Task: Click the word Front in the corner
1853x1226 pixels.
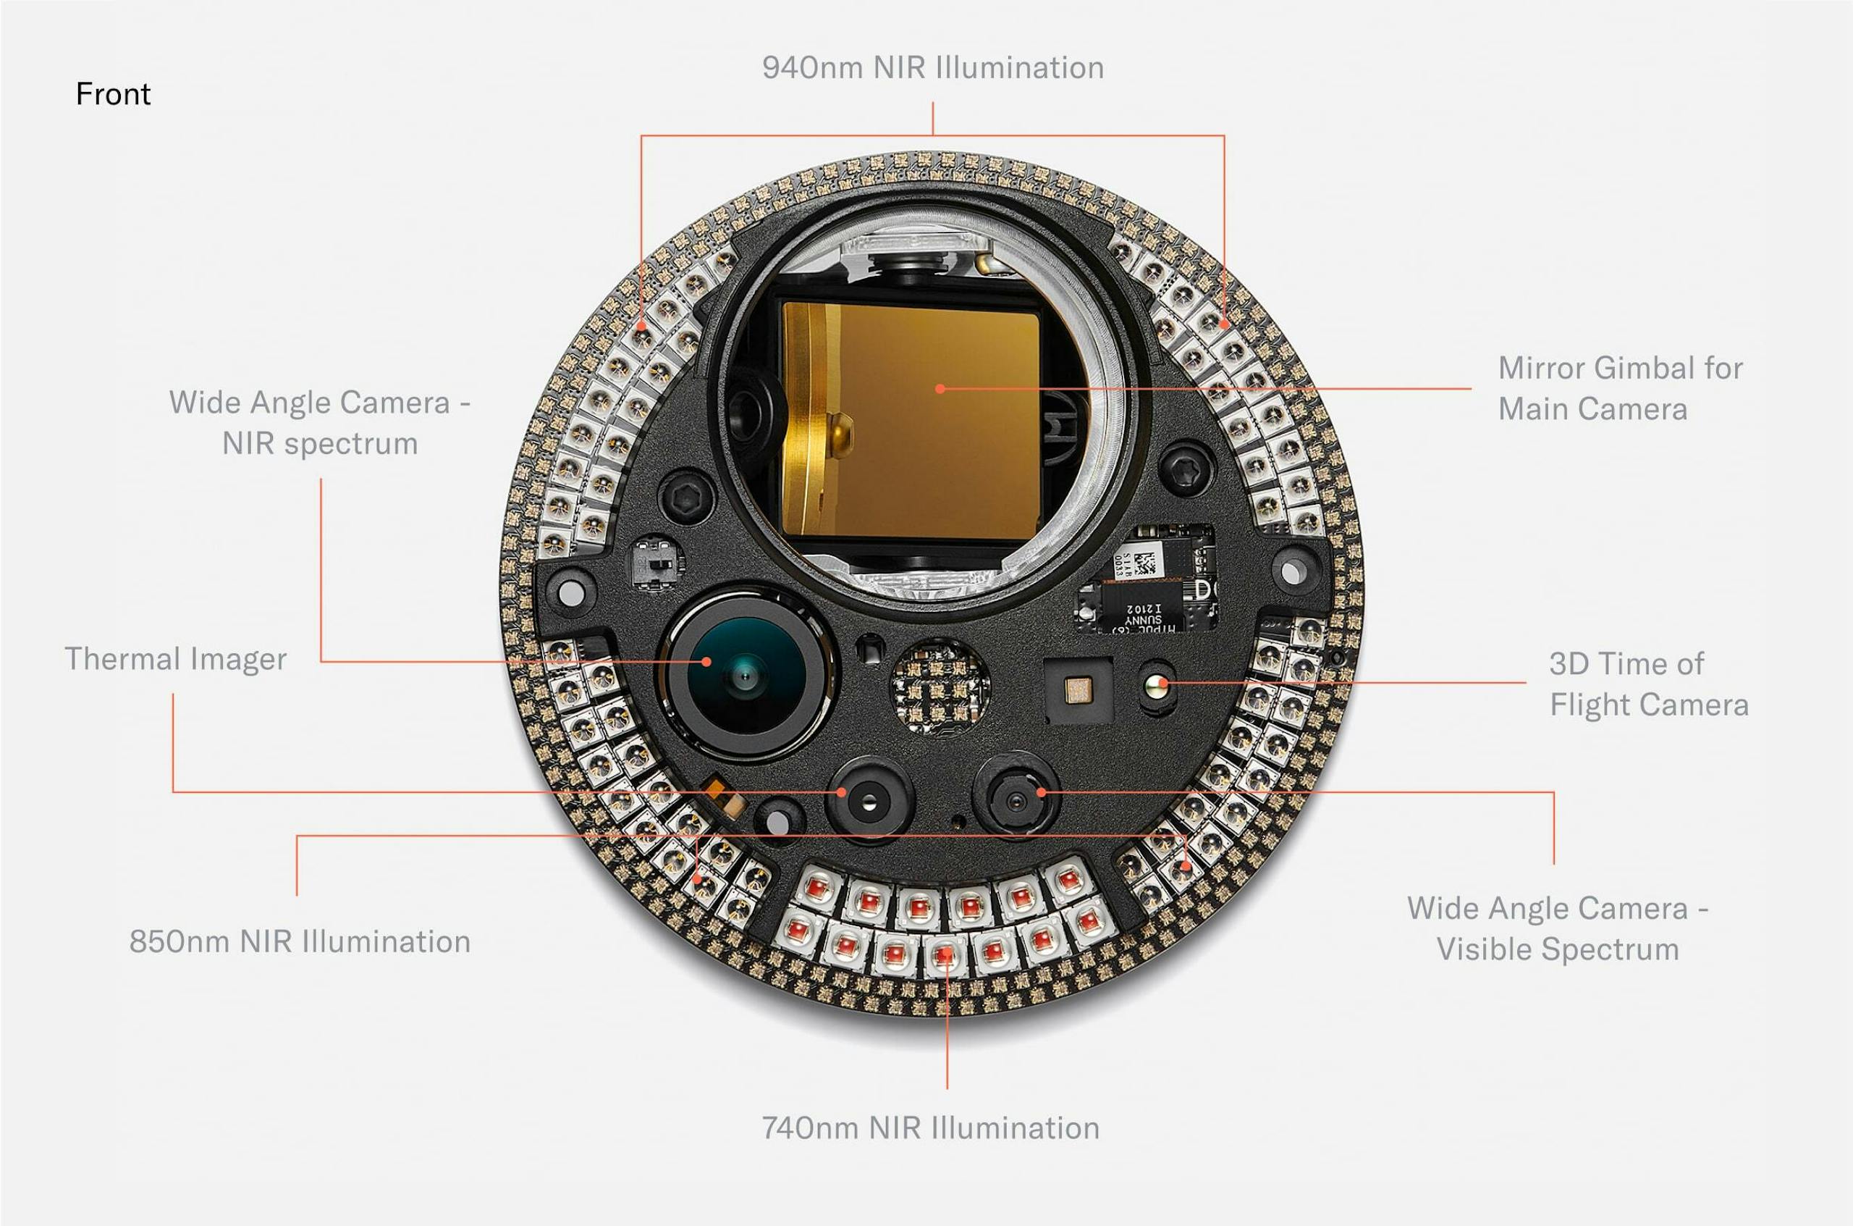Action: (112, 95)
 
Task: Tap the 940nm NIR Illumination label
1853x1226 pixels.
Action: (932, 68)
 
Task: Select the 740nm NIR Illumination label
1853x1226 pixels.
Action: (930, 1128)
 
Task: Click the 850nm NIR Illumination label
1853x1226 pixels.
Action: (300, 941)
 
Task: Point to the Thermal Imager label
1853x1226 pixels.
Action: (175, 659)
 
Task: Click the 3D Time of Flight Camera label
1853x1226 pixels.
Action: (1647, 684)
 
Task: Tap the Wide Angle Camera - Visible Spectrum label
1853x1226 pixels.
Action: (1558, 928)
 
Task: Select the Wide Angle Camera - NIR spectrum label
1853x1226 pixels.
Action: (320, 423)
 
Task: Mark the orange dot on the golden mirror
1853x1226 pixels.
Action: (940, 388)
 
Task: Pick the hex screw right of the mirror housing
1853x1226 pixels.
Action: (1186, 469)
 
